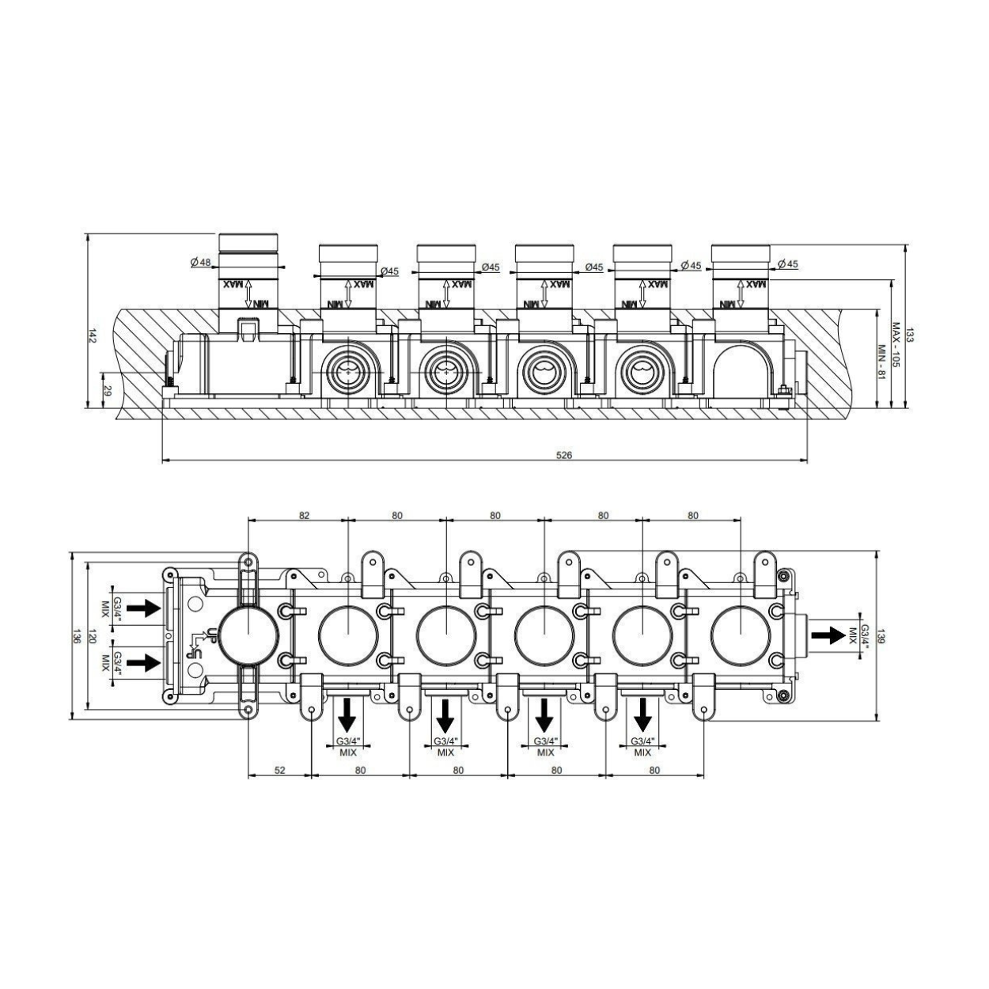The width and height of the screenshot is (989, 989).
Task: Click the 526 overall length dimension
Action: pos(563,455)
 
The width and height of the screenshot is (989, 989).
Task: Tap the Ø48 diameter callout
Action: pos(200,262)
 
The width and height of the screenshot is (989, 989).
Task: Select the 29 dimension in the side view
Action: pos(108,391)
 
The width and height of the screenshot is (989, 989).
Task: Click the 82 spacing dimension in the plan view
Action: pos(304,515)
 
